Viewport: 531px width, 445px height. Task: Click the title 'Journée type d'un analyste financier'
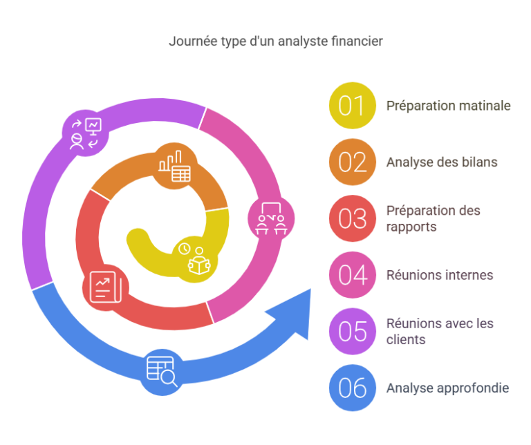[x=276, y=41]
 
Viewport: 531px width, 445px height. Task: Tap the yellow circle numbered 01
[x=352, y=106]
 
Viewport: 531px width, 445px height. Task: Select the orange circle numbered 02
[x=352, y=162]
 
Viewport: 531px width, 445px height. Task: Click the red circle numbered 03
[x=352, y=218]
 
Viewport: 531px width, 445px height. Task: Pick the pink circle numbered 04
[x=352, y=274]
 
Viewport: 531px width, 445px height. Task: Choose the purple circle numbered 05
[x=352, y=331]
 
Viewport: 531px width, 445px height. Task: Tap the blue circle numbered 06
[x=352, y=388]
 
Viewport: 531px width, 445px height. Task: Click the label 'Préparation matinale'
[x=448, y=106]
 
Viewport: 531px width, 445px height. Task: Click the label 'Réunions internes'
[x=440, y=274]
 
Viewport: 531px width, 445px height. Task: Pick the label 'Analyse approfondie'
[x=447, y=388]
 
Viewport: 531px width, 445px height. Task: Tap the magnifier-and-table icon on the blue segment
[x=162, y=370]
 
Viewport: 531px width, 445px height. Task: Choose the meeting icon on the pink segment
[x=270, y=219]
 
